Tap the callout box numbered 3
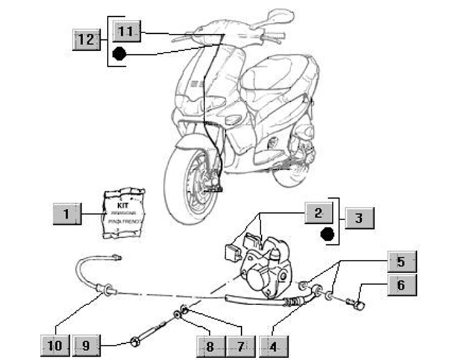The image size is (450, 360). (358, 218)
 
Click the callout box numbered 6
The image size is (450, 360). (400, 286)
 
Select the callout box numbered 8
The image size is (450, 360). (209, 344)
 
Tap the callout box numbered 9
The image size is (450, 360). (86, 344)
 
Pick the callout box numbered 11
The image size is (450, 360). (125, 31)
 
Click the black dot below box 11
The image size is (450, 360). (119, 55)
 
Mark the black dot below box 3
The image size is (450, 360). (326, 235)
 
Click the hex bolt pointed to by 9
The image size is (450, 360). (135, 341)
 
